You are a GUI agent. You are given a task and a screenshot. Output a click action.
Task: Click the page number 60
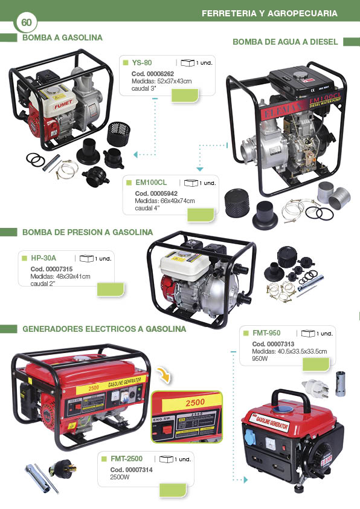click(26, 22)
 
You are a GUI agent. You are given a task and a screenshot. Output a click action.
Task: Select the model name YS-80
click(142, 63)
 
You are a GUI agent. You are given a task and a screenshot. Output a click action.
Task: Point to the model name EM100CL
click(151, 182)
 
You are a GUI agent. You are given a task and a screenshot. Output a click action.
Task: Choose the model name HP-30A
click(43, 258)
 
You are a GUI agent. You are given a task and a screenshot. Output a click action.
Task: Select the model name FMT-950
click(266, 333)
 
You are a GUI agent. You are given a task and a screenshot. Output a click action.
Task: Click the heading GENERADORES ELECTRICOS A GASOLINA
click(104, 329)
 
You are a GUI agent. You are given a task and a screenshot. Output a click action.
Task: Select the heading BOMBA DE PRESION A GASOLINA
click(88, 232)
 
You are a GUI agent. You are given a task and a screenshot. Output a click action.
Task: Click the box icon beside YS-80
click(187, 62)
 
